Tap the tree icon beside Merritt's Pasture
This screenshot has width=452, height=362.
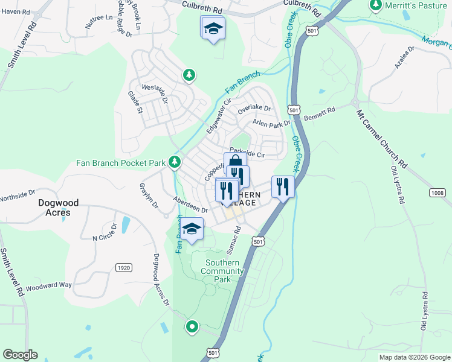coord(375,5)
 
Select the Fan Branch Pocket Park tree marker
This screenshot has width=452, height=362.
coord(175,162)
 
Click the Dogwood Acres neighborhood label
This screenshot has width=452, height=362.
coord(54,208)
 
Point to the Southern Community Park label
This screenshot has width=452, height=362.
coord(224,271)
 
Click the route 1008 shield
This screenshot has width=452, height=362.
coord(438,193)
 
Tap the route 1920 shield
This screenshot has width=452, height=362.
coord(123,267)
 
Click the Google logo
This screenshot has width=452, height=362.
coord(20,355)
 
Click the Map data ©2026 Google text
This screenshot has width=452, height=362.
coord(414,357)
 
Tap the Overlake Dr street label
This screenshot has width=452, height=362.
coord(254,110)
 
